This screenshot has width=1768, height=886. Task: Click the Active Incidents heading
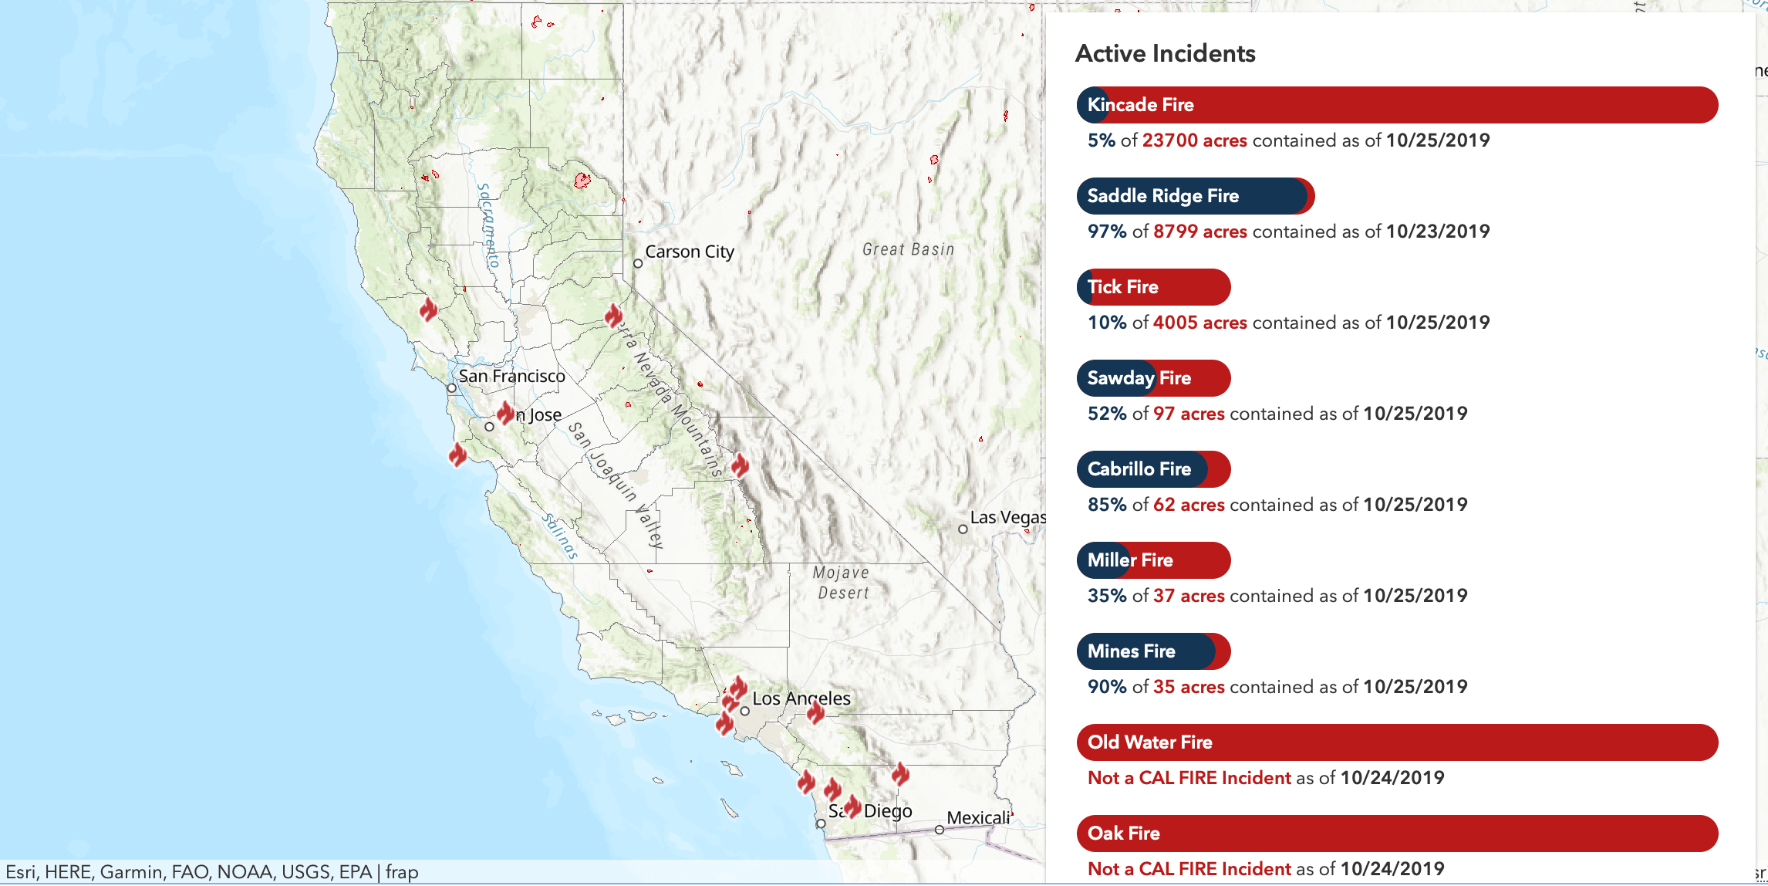point(1165,53)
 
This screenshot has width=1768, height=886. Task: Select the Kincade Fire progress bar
point(1396,105)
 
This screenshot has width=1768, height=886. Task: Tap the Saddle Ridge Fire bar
point(1195,196)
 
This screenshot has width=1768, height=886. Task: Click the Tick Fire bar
point(1153,287)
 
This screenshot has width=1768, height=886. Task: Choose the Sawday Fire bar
point(1153,378)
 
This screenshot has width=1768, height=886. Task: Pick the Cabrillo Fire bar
point(1153,469)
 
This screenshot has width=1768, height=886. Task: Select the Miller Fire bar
point(1153,560)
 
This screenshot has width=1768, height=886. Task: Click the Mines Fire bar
point(1153,651)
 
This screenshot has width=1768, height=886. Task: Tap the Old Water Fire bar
point(1396,742)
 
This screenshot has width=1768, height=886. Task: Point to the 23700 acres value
point(1194,140)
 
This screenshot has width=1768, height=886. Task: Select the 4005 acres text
point(1199,323)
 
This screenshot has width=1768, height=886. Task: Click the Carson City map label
point(689,252)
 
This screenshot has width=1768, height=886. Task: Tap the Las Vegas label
point(1007,517)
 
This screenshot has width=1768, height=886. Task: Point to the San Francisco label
point(511,376)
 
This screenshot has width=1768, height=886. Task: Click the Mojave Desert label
point(842,583)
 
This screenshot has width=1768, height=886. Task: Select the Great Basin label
point(908,249)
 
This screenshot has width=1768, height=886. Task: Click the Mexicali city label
point(977,817)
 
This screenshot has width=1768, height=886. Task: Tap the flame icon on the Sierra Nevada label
point(614,315)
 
